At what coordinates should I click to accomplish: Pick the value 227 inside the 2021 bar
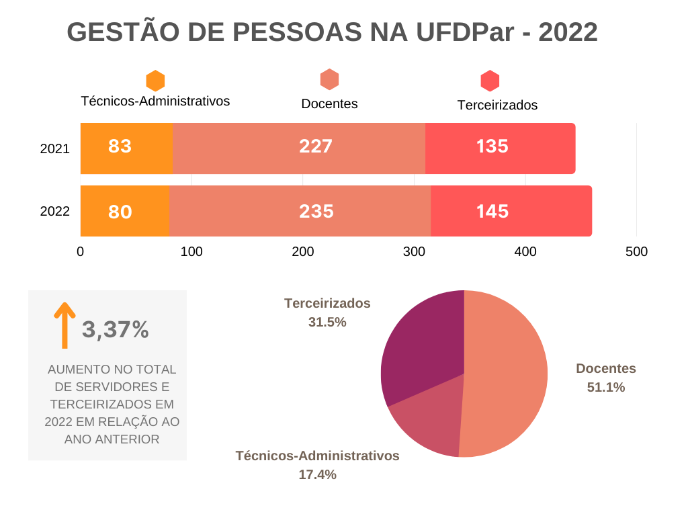click(x=316, y=146)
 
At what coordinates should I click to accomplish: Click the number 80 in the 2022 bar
click(x=120, y=212)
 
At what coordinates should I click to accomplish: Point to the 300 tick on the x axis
click(x=414, y=252)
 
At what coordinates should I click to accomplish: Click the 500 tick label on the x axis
click(x=636, y=252)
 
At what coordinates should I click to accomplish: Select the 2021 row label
click(x=55, y=149)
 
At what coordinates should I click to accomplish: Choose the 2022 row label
click(x=55, y=211)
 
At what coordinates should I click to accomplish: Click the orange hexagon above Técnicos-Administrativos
click(x=155, y=81)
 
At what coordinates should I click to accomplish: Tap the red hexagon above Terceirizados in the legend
click(x=490, y=81)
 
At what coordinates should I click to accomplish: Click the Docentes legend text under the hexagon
click(x=329, y=104)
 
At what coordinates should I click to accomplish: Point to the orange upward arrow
click(x=64, y=325)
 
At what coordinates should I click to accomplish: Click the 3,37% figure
click(x=116, y=330)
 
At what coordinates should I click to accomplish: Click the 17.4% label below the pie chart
click(x=317, y=475)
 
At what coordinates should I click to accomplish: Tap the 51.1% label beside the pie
click(x=606, y=387)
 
